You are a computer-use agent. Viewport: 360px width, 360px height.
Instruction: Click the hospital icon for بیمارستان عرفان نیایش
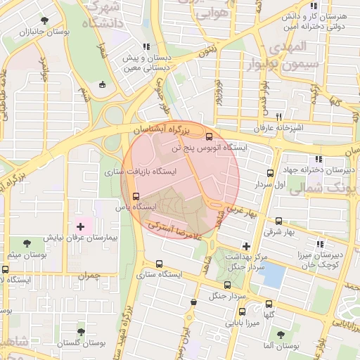tap(79, 226)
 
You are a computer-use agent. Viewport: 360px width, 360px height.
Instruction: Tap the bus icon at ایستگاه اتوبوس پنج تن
tap(208, 136)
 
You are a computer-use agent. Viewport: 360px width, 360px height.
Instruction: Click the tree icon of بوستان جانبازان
tap(46, 20)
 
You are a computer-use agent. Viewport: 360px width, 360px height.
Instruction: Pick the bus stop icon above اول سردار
tap(271, 173)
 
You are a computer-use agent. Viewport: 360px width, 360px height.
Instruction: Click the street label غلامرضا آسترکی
tap(176, 230)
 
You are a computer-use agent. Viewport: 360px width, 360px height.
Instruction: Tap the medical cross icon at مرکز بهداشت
tap(245, 246)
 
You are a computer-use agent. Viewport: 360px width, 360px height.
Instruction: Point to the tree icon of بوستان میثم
tap(27, 243)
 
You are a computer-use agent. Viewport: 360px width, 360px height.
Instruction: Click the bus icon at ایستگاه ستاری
tap(159, 264)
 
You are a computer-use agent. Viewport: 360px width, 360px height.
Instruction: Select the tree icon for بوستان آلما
tap(281, 335)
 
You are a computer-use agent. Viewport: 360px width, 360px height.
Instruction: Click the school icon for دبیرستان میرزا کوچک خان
tap(320, 243)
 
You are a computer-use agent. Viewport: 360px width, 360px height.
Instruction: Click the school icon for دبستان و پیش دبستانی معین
tap(146, 47)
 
